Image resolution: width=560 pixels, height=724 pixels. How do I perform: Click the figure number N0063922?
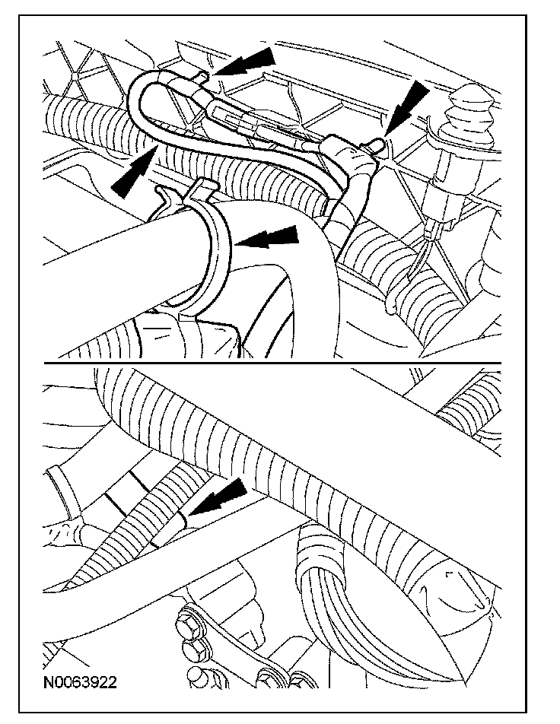coord(80,682)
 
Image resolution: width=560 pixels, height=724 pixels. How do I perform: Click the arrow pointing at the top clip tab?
coord(244,62)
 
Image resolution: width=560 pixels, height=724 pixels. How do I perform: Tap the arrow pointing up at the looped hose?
coord(133,170)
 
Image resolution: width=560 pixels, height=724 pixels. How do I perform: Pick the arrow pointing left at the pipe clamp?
coord(266,237)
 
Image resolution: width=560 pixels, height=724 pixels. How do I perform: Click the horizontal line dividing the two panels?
coord(272,363)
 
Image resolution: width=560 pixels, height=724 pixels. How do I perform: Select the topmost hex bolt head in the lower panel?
coord(188,627)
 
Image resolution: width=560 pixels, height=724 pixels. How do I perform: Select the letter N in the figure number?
coord(48,682)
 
